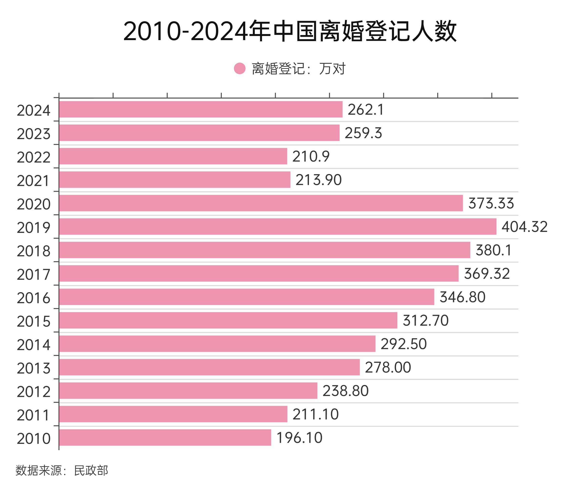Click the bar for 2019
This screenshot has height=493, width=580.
pyautogui.click(x=278, y=227)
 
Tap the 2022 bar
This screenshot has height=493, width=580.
pyautogui.click(x=173, y=156)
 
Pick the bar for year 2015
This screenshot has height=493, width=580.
pyautogui.click(x=228, y=320)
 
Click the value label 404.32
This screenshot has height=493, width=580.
pyautogui.click(x=524, y=227)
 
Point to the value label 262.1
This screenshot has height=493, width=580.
pyautogui.click(x=366, y=109)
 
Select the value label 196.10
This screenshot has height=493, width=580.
pyautogui.click(x=299, y=438)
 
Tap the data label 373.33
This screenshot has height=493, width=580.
pyautogui.click(x=491, y=203)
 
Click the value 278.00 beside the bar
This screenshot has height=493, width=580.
pyautogui.click(x=388, y=367)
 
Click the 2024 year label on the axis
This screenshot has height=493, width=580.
pyautogui.click(x=34, y=111)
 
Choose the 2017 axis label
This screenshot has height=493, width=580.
pyautogui.click(x=34, y=275)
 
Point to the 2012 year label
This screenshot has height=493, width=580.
pyautogui.click(x=34, y=392)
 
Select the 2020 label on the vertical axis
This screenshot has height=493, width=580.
pyautogui.click(x=34, y=204)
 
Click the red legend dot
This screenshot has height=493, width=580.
pyautogui.click(x=239, y=68)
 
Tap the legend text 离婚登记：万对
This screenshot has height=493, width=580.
pyautogui.click(x=298, y=69)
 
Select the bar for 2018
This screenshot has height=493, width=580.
pyautogui.click(x=265, y=250)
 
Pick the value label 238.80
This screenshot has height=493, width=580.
pyautogui.click(x=346, y=391)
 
